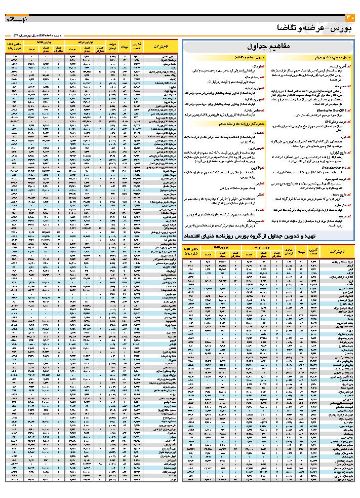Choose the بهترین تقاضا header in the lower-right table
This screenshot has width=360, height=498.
(x=215, y=247)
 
